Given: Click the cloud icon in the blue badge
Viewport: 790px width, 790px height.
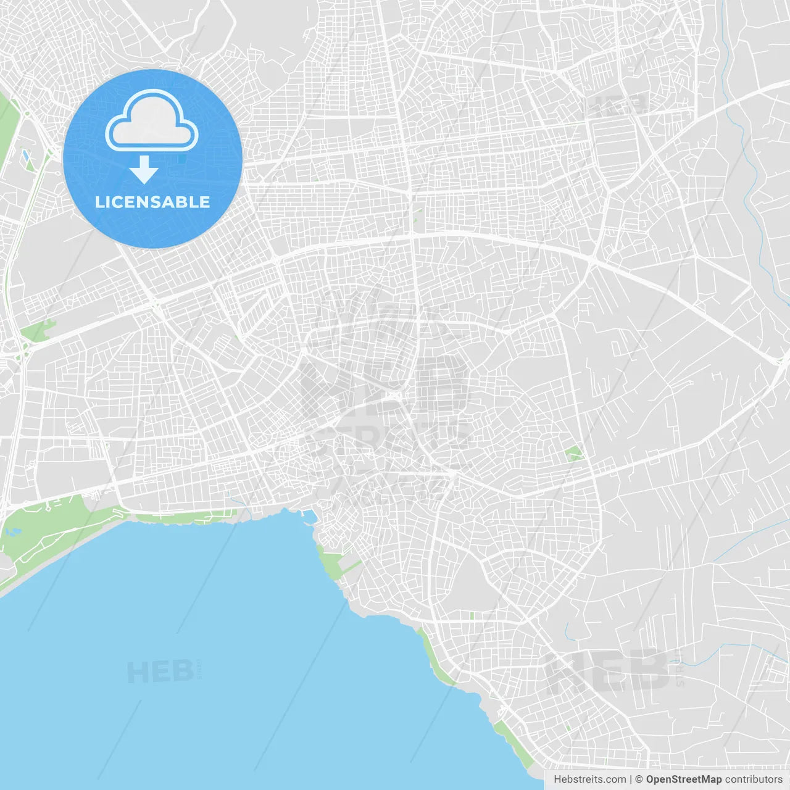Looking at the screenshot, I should [x=152, y=121].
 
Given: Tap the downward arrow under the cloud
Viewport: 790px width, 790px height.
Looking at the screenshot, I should [x=144, y=170].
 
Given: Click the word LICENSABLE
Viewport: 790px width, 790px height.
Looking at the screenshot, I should [x=152, y=202].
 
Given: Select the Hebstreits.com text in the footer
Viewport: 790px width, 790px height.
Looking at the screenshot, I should [x=589, y=780].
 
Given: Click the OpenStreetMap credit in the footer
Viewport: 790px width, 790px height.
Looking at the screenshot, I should [x=683, y=780].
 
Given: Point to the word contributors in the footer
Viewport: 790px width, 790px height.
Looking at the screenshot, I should [x=754, y=780].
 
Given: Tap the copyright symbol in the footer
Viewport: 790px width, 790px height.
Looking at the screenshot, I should [x=639, y=780].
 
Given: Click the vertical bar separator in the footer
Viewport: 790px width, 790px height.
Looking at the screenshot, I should [x=631, y=780].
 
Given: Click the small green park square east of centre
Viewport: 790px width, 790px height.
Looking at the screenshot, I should [x=574, y=454].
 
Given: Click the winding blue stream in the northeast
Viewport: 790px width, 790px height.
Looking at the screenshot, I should [x=750, y=185].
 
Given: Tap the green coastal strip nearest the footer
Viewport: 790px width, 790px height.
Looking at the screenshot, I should [x=515, y=744].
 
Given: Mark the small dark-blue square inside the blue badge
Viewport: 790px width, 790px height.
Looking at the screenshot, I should [x=181, y=159].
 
